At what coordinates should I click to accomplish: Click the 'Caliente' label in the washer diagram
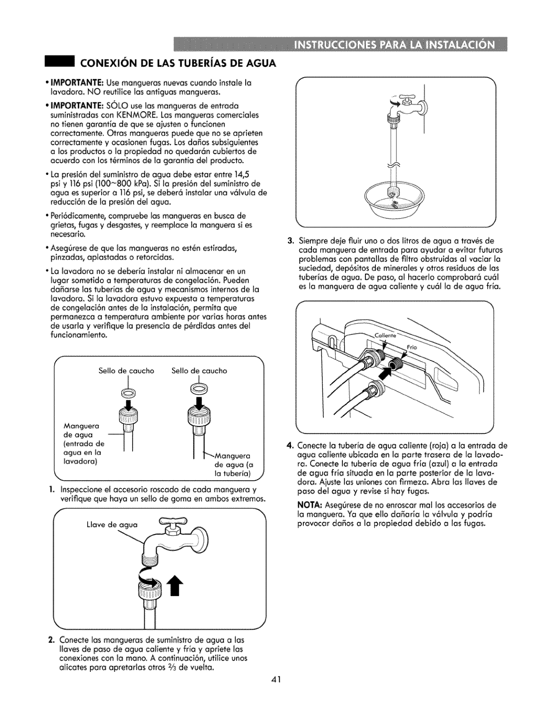tap(385, 336)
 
